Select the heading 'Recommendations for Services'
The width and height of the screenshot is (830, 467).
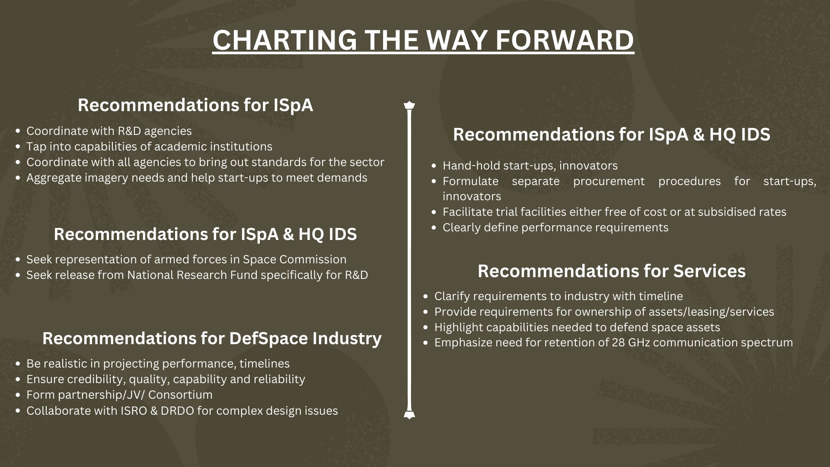pos(612,271)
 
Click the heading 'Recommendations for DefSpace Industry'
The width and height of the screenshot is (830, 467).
pos(212,339)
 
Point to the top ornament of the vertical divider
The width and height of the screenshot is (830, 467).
pos(409,106)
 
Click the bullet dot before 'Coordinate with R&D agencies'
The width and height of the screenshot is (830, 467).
pos(18,131)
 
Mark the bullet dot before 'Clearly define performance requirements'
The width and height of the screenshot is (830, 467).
pos(434,228)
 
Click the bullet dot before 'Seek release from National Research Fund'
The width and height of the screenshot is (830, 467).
pos(18,275)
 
